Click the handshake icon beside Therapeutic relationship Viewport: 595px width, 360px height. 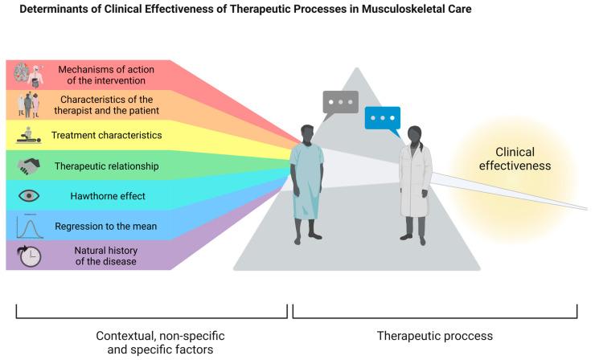click(x=30, y=166)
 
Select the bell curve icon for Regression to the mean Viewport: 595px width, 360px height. click(x=30, y=226)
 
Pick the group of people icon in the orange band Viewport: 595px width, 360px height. click(x=30, y=105)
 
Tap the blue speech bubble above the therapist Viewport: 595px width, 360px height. click(x=382, y=119)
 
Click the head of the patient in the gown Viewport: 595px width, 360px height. click(x=308, y=131)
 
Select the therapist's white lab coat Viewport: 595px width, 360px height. click(x=416, y=181)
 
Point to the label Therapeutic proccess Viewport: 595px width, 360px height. click(x=435, y=336)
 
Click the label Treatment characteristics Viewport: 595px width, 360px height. click(x=106, y=136)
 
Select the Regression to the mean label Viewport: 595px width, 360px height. click(x=106, y=226)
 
